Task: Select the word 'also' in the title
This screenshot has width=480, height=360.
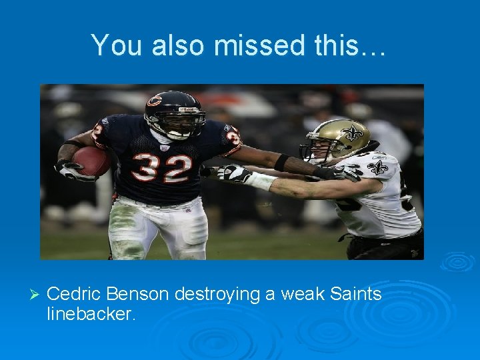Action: [175, 45]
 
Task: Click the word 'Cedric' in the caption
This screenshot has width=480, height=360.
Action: [74, 294]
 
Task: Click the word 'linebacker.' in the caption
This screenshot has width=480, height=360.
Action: [91, 314]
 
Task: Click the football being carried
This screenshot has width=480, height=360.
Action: [91, 161]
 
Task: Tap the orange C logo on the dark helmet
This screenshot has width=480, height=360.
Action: [154, 101]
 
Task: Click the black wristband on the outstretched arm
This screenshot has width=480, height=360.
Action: [281, 162]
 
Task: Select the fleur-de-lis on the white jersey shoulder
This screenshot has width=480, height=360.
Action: [378, 167]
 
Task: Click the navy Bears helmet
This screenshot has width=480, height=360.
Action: [173, 111]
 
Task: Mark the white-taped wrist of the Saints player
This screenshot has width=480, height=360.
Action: [262, 180]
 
